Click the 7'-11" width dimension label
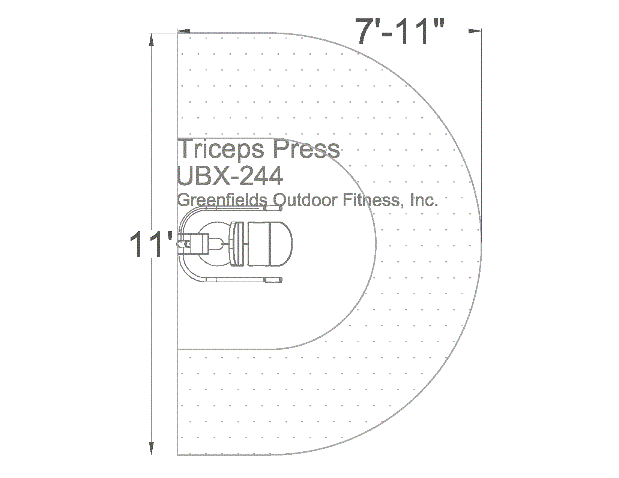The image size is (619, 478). (400, 31)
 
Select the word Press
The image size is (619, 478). (305, 148)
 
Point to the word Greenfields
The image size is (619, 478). (222, 200)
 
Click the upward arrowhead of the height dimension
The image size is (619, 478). (152, 40)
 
